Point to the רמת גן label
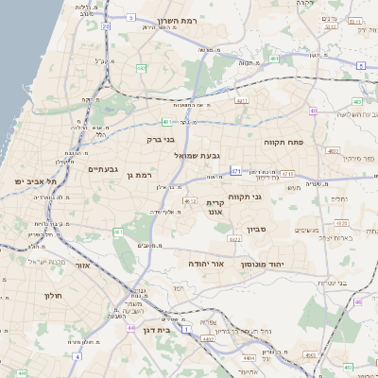coord(138,175)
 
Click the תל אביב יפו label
coord(37,180)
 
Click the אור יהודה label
coord(205,264)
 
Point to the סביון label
coord(257,230)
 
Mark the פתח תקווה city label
coord(283,142)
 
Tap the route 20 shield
coord(106,27)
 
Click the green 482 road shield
coord(141,68)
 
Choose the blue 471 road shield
coord(235,171)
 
